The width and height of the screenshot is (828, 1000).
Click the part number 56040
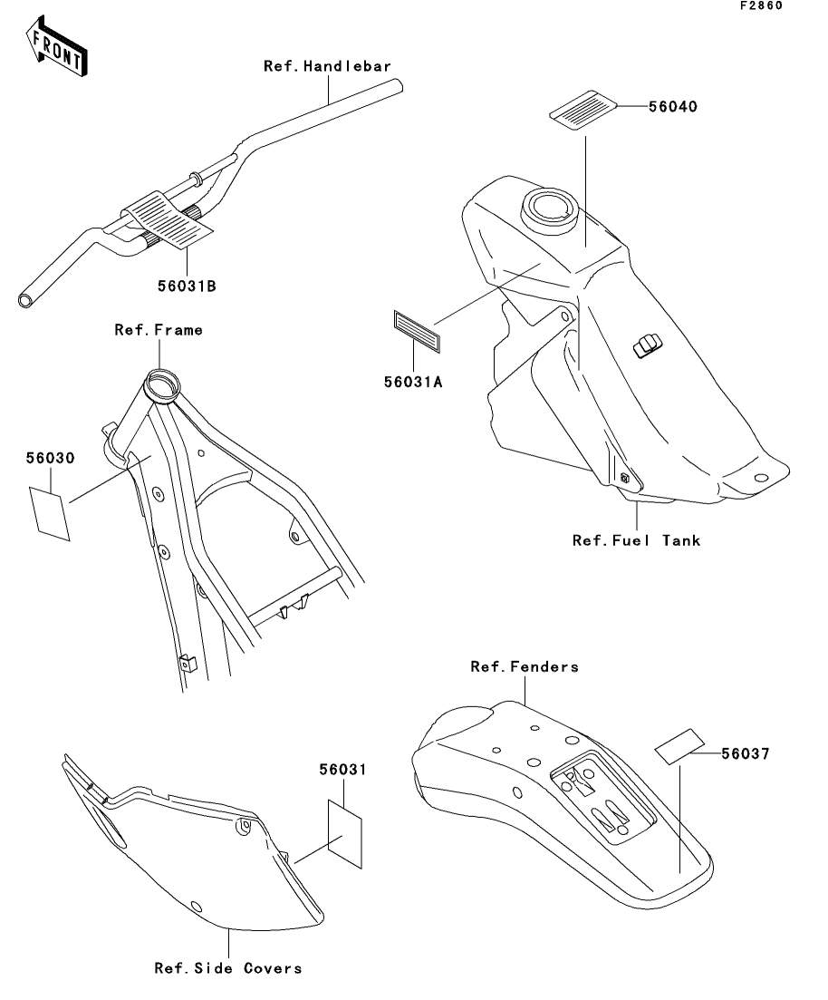[672, 106]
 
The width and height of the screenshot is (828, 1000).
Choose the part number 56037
[746, 752]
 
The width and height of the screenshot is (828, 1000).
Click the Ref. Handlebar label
[327, 66]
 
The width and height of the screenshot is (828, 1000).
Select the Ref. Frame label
[159, 330]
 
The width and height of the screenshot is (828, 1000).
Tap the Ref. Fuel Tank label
[636, 540]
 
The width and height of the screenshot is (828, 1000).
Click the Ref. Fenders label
[525, 667]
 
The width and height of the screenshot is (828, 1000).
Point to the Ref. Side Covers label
[227, 968]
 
